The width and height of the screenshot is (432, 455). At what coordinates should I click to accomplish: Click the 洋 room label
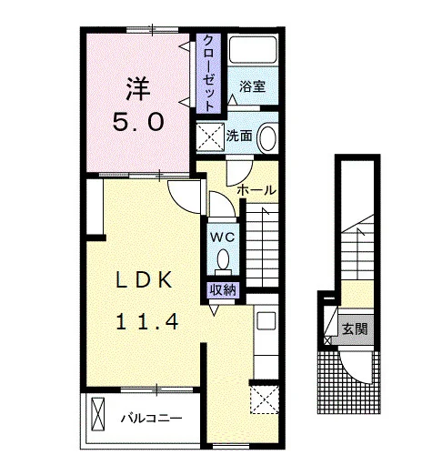pyautogui.click(x=138, y=88)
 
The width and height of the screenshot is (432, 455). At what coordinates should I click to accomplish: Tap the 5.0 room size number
pyautogui.click(x=138, y=122)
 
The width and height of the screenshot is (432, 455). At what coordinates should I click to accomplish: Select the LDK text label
pyautogui.click(x=145, y=280)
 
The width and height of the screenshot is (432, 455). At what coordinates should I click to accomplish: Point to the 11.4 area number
pyautogui.click(x=147, y=321)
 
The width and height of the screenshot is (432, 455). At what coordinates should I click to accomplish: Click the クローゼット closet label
pyautogui.click(x=208, y=73)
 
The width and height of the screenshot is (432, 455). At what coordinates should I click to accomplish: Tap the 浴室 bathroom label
pyautogui.click(x=253, y=86)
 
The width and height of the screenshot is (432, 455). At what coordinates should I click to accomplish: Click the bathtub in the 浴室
pyautogui.click(x=253, y=50)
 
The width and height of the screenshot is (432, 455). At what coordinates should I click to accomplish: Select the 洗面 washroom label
pyautogui.click(x=239, y=136)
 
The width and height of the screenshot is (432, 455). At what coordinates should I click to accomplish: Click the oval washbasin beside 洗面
pyautogui.click(x=268, y=138)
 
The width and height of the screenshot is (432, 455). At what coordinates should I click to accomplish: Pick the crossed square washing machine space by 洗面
pyautogui.click(x=211, y=136)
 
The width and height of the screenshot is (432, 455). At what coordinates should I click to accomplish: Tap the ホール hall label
pyautogui.click(x=256, y=190)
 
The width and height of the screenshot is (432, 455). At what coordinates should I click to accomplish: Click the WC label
pyautogui.click(x=223, y=237)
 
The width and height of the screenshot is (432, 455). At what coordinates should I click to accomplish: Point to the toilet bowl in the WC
pyautogui.click(x=223, y=259)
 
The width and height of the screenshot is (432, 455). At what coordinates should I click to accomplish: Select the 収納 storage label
pyautogui.click(x=223, y=290)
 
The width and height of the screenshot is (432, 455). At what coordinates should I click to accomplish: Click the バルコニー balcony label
pyautogui.click(x=152, y=419)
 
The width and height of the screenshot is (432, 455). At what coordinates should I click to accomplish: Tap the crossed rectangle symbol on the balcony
pyautogui.click(x=98, y=413)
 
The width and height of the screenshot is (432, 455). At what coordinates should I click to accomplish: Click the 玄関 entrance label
pyautogui.click(x=355, y=329)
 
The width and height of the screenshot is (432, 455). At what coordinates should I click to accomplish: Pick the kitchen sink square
pyautogui.click(x=266, y=320)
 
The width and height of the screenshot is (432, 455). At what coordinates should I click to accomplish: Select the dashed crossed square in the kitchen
pyautogui.click(x=264, y=399)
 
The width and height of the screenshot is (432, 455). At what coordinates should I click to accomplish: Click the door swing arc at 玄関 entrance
pyautogui.click(x=352, y=371)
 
